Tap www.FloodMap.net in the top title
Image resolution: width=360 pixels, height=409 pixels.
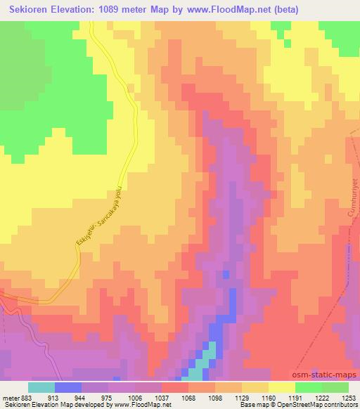click(232, 10)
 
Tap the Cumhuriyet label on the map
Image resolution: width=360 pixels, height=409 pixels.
click(345, 197)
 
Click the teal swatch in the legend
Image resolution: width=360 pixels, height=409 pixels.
click(41, 387)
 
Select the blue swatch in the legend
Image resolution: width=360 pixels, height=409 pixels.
click(68, 387)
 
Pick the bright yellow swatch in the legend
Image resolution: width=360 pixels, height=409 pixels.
click(282, 387)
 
